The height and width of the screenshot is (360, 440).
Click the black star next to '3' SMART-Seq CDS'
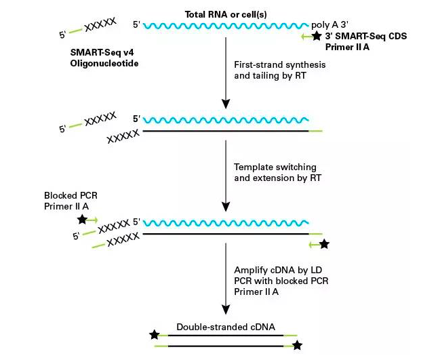point(317,36)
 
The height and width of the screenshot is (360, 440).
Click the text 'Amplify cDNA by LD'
point(274,271)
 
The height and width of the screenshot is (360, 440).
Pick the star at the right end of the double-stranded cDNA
point(297,346)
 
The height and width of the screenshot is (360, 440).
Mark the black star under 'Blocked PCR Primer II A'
point(82,220)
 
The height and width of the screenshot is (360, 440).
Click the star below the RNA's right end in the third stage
point(324,243)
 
